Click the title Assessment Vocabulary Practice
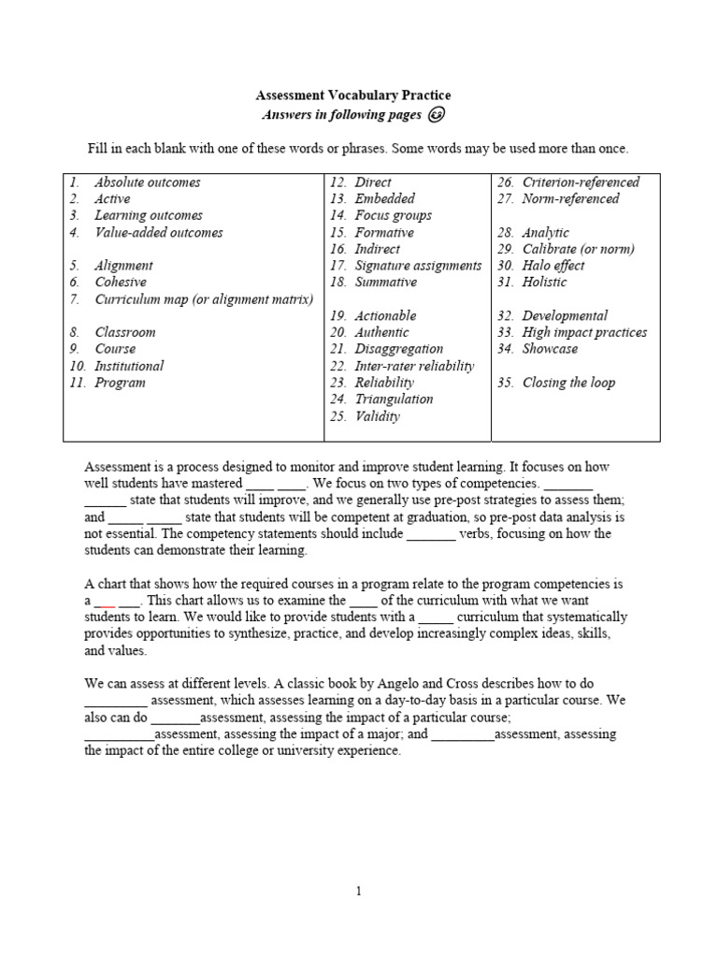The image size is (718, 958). [x=353, y=95]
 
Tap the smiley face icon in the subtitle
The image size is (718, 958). [x=437, y=115]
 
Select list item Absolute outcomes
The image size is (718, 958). [x=147, y=182]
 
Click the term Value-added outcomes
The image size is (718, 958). [x=158, y=232]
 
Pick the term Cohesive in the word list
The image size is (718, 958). [x=122, y=282]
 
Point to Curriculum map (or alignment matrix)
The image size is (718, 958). [x=204, y=298]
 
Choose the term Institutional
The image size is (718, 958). [x=129, y=366]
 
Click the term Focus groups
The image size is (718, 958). [x=393, y=215]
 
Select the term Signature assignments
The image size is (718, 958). [x=418, y=266]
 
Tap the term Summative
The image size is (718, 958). [x=385, y=282]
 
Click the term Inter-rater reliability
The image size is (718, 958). [x=414, y=366]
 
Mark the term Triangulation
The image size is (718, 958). [x=394, y=399]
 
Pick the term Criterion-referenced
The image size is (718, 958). [x=581, y=182]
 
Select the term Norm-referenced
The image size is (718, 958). [x=570, y=198]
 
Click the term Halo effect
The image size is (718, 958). [x=553, y=266]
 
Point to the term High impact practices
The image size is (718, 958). [x=584, y=332]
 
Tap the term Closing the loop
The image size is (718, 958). [x=568, y=383]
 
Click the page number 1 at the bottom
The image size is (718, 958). [x=358, y=892]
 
